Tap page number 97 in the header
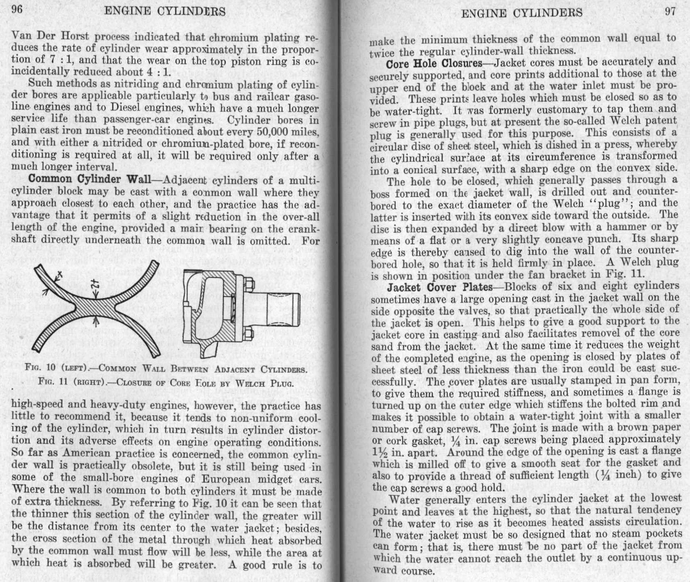(670, 11)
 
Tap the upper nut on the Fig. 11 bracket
(249, 284)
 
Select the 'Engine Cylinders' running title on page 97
(522, 13)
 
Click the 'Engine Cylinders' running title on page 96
(165, 11)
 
